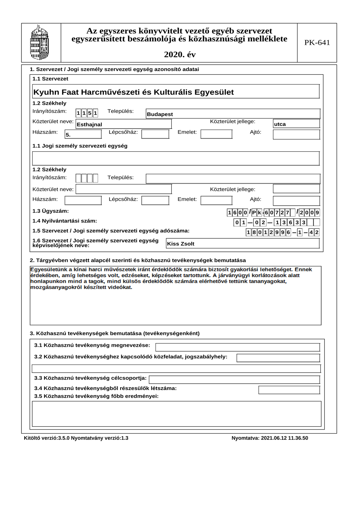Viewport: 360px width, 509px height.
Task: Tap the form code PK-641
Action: tap(317, 43)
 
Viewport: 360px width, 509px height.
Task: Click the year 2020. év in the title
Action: tap(180, 55)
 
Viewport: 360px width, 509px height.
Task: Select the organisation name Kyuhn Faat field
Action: tap(176, 92)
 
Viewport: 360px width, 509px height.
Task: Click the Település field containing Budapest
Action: tap(233, 114)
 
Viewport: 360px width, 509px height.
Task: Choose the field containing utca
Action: tap(296, 124)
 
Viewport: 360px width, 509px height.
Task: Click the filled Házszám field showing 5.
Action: tap(83, 135)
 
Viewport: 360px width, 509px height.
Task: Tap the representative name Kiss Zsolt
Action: tap(242, 244)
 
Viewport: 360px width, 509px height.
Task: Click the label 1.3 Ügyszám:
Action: tap(50, 211)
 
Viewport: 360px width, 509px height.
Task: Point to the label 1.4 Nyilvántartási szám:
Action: tap(65, 221)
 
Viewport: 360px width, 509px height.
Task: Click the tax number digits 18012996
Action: tap(269, 232)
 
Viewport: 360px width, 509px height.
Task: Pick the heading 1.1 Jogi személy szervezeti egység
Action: tap(80, 146)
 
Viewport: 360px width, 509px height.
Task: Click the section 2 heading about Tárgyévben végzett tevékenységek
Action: tap(138, 260)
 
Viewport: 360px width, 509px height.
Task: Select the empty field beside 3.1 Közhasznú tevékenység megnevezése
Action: tap(237, 347)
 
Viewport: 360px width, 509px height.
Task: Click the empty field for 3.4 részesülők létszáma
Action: tap(289, 390)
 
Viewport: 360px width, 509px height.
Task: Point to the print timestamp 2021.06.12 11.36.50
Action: tap(270, 438)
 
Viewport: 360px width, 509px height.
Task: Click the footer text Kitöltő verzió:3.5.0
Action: tap(46, 438)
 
